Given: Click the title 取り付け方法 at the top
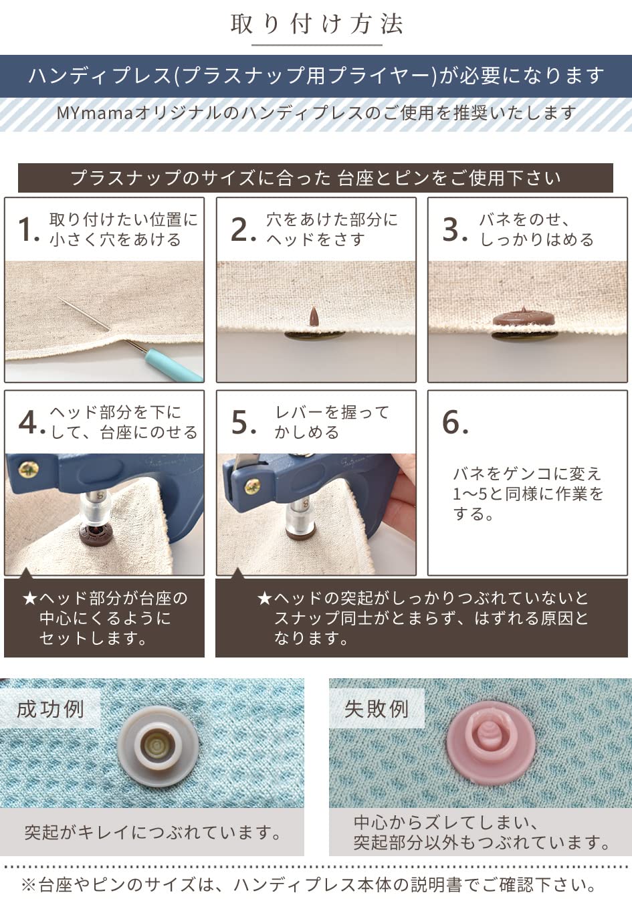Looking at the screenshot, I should click(x=316, y=24).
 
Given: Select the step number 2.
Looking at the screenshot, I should click(x=241, y=229).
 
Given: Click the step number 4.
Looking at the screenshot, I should click(x=29, y=423).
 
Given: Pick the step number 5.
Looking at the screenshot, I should click(x=241, y=423).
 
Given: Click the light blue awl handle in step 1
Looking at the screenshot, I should click(x=175, y=365).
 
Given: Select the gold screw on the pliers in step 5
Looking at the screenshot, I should click(x=252, y=486).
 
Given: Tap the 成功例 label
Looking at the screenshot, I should click(x=50, y=709).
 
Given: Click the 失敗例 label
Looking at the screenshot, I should click(x=377, y=709).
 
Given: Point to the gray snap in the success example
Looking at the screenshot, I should click(x=159, y=745).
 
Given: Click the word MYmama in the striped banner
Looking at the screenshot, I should click(x=94, y=113).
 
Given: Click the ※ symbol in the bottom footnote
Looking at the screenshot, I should click(x=29, y=886).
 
